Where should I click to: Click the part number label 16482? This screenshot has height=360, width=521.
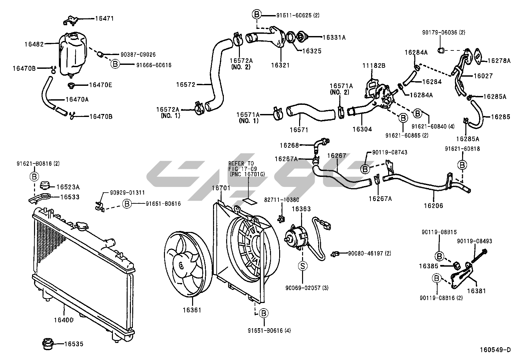click(34, 44)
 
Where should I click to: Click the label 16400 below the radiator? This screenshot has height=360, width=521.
click(64, 319)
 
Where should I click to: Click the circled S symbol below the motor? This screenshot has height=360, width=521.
click(303, 266)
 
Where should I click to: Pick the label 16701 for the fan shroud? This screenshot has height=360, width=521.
click(221, 188)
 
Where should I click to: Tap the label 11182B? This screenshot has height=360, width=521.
click(374, 66)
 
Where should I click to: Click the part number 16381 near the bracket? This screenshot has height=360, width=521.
click(476, 291)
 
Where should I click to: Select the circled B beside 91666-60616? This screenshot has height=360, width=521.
click(115, 64)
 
